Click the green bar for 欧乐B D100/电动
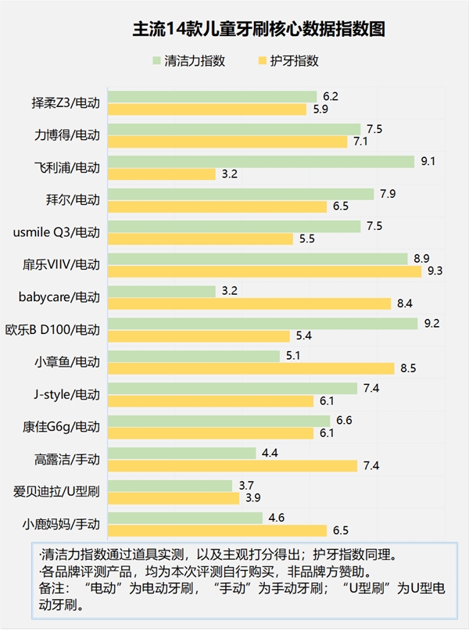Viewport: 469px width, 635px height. point(263,323)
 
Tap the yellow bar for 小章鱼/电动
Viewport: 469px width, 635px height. point(251,368)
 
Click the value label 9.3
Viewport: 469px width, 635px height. point(436,271)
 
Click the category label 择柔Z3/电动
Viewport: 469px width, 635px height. point(66,103)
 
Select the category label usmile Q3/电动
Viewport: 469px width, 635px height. point(57,232)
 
